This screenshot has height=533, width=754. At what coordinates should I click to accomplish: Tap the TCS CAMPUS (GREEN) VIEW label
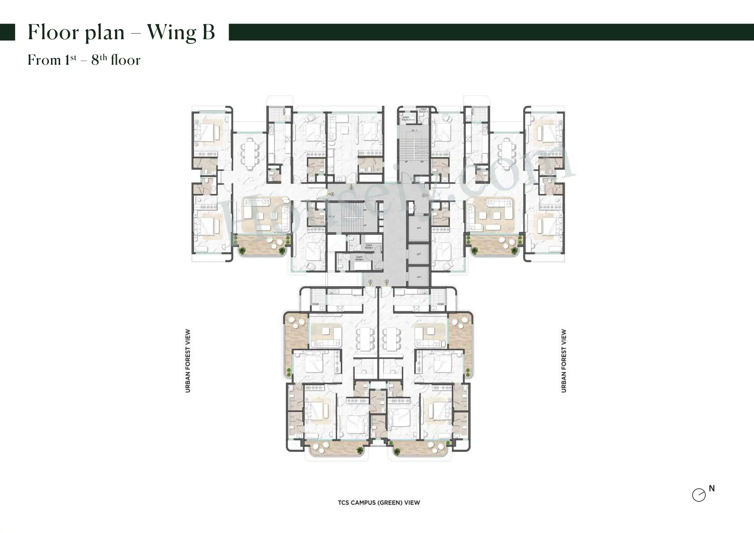(379, 502)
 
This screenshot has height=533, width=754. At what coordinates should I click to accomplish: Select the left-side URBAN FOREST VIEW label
(188, 361)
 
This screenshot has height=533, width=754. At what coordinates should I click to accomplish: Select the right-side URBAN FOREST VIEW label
(563, 361)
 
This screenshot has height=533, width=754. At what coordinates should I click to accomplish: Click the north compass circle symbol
(699, 495)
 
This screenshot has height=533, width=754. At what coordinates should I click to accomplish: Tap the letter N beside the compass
(712, 488)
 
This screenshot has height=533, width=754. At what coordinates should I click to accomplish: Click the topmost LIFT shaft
(419, 228)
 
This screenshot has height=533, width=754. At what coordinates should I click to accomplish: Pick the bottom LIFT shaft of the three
(419, 277)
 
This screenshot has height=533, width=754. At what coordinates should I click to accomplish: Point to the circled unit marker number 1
(424, 195)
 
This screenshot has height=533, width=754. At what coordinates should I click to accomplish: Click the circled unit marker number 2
(387, 282)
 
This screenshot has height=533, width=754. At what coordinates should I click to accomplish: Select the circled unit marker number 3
(370, 282)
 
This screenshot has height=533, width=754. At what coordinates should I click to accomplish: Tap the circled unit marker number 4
(332, 194)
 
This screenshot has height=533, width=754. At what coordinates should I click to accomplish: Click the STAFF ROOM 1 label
(369, 246)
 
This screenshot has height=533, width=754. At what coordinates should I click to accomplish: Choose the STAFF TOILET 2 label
(424, 110)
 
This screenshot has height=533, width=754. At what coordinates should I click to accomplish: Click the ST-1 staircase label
(414, 130)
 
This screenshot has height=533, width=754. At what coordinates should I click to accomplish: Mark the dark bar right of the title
(491, 32)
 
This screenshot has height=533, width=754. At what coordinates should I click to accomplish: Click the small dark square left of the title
(7, 32)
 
